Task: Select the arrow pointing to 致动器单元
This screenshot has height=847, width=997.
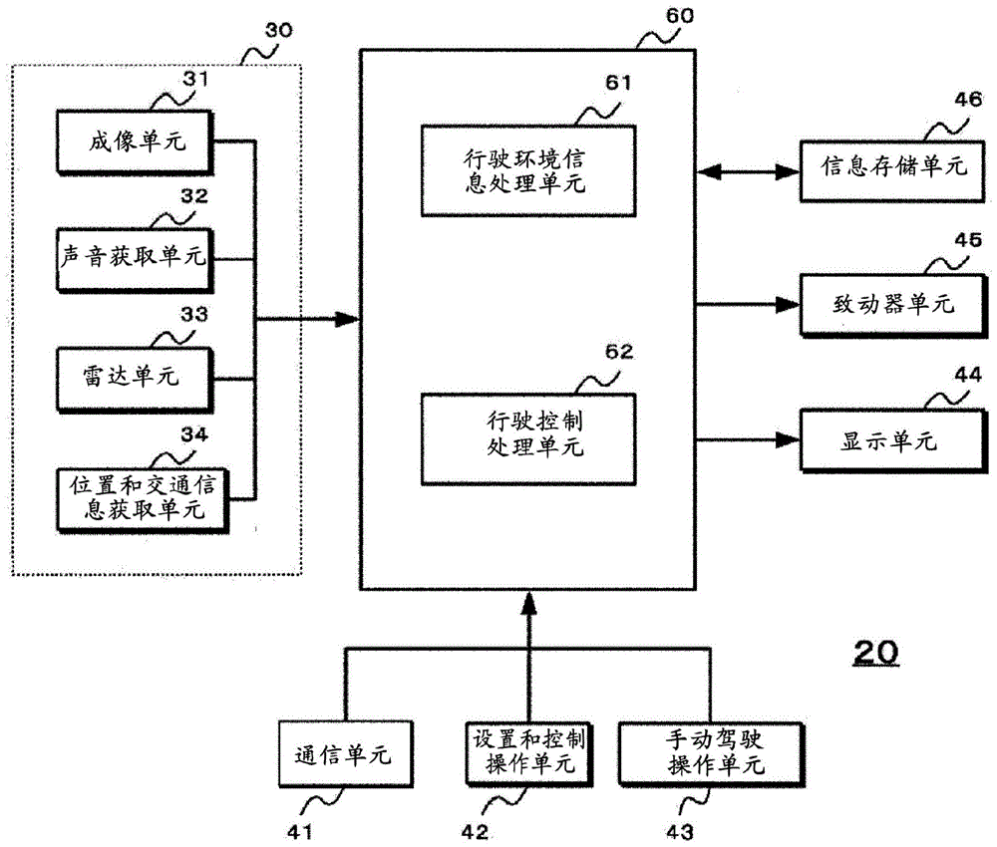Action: click(749, 303)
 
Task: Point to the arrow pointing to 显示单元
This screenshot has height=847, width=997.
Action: click(749, 439)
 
